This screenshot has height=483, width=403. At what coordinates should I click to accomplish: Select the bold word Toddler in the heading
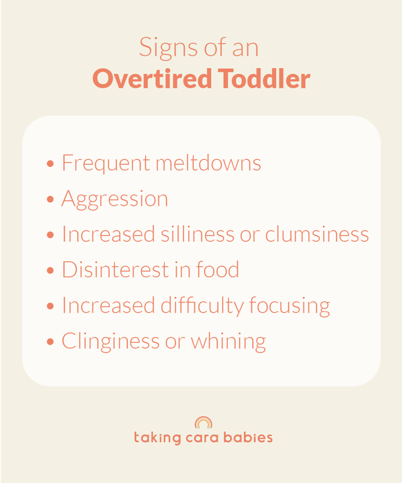pyautogui.click(x=265, y=79)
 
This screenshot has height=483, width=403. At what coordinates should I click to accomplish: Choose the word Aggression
pyautogui.click(x=115, y=199)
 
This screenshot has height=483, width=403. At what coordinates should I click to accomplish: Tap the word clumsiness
pyautogui.click(x=317, y=234)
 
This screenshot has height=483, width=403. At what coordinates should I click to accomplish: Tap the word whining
pyautogui.click(x=229, y=341)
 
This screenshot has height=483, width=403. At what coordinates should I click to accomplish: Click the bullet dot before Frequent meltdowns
pyautogui.click(x=50, y=165)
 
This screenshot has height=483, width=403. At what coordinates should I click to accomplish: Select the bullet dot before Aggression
pyautogui.click(x=50, y=200)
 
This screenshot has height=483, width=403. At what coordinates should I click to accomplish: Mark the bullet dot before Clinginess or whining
pyautogui.click(x=50, y=343)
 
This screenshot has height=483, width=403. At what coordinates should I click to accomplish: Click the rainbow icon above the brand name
pyautogui.click(x=203, y=423)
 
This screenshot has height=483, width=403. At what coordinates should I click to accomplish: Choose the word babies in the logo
pyautogui.click(x=250, y=438)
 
